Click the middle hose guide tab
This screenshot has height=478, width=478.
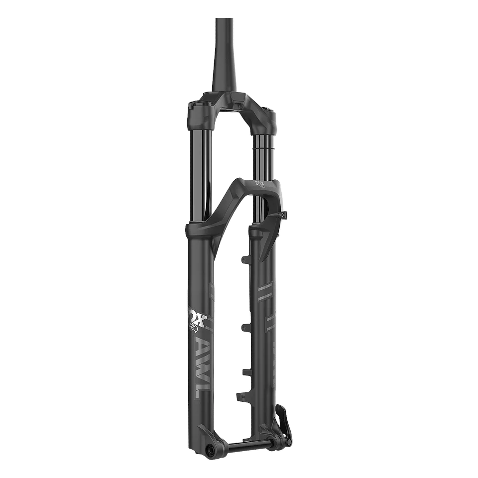pyautogui.click(x=243, y=327)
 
